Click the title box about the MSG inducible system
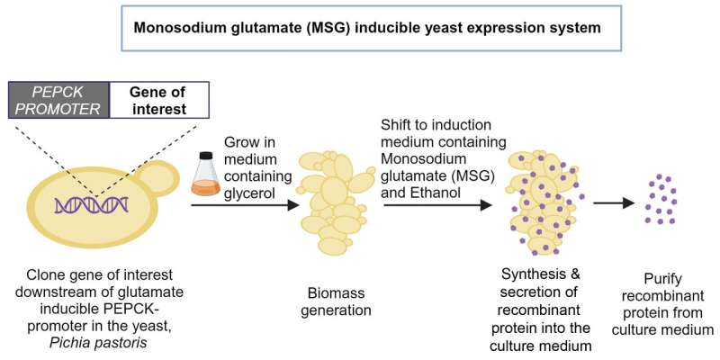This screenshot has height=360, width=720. coord(367,27)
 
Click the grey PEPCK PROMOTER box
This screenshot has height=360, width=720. coord(58,99)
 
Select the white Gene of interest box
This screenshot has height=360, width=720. coord(158,99)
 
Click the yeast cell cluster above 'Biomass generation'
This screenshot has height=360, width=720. coord(332,205)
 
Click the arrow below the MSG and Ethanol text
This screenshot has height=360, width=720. coord(437,205)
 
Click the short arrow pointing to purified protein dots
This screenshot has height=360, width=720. coord(612,202)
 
